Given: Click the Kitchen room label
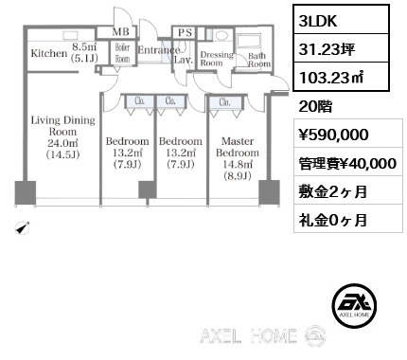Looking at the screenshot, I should [48, 54].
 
